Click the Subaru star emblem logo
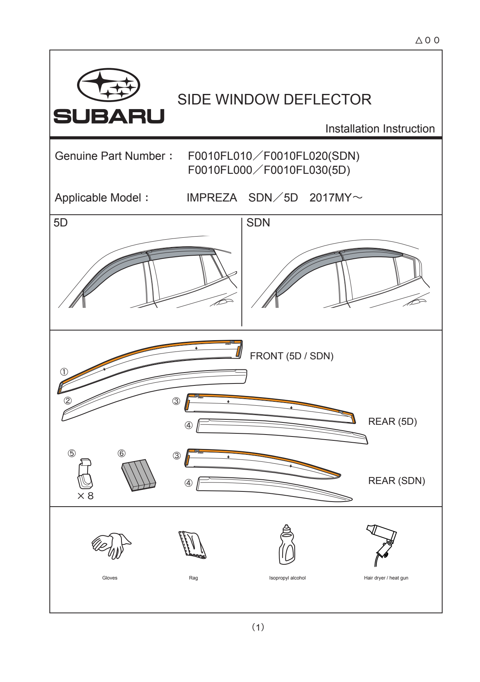click(x=109, y=85)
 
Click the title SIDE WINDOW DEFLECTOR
click(x=274, y=100)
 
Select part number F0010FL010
click(x=220, y=156)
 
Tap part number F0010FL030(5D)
click(x=307, y=170)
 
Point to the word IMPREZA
click(x=212, y=198)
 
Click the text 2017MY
click(x=331, y=198)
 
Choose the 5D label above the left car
click(x=61, y=223)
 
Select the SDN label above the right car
click(x=258, y=223)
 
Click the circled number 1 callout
click(x=64, y=372)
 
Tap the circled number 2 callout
click(x=68, y=401)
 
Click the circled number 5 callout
click(x=72, y=453)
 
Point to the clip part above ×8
click(x=85, y=474)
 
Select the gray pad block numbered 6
click(x=139, y=475)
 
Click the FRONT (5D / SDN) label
click(x=292, y=356)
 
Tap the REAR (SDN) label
click(x=397, y=481)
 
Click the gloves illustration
click(x=111, y=546)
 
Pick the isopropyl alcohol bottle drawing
click(x=287, y=544)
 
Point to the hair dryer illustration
click(x=382, y=545)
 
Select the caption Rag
click(x=193, y=578)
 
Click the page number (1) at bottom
click(x=258, y=627)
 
